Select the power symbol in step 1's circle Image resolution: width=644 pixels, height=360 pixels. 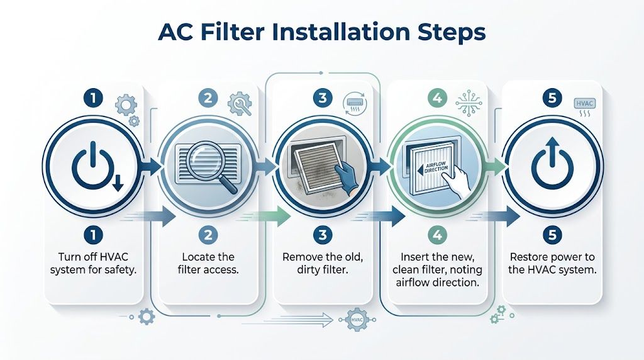[x=91, y=166]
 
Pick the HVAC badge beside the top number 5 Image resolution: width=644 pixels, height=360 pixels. [x=586, y=104]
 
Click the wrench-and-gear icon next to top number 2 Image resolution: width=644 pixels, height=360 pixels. [x=240, y=102]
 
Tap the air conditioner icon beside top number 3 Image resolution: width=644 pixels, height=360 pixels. [x=355, y=103]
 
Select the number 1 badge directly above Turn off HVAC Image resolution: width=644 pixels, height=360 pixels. [x=92, y=235]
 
